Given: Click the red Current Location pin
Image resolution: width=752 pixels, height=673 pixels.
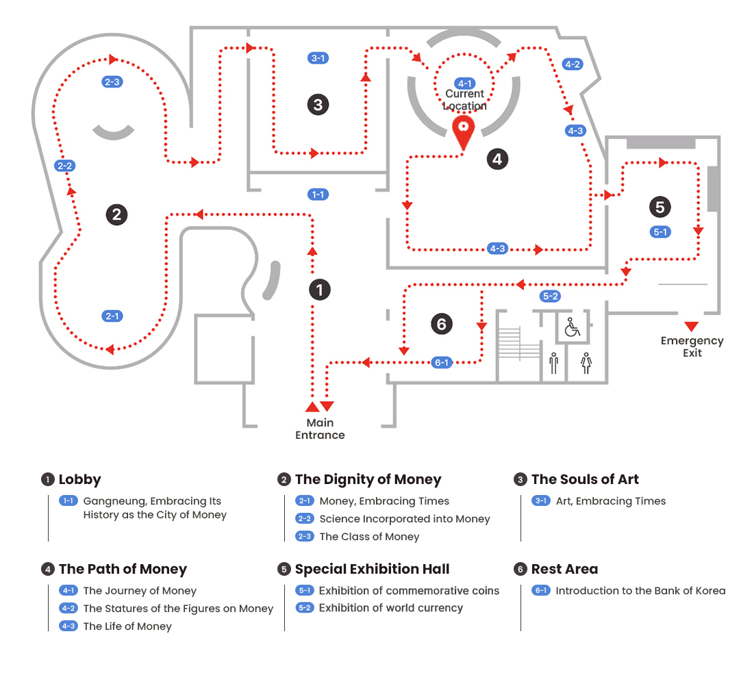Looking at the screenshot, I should tap(464, 131).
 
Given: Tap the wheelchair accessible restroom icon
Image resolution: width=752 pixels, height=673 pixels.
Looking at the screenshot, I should tap(572, 327).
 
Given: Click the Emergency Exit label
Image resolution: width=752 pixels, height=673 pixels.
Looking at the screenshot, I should tap(692, 346).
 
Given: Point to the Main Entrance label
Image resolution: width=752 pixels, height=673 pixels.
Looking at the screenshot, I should tap(320, 429).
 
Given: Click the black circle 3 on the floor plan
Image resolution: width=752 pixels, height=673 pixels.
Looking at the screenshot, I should tap(318, 105).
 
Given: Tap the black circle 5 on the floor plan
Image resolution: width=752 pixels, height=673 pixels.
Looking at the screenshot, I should tap(660, 206).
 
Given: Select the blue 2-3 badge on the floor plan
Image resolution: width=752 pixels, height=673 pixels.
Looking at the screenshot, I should tap(112, 82).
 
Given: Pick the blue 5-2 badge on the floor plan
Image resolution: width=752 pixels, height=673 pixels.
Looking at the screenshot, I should tap(550, 296).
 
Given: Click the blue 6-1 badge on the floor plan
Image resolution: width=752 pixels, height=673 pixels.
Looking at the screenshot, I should tap(442, 363).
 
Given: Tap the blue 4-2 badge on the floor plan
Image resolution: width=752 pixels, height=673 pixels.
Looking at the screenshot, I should tap(572, 64).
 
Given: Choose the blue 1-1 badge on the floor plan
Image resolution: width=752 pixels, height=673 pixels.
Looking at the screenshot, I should tap(318, 195).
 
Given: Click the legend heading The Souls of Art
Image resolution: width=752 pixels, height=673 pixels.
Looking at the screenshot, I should tap(585, 479).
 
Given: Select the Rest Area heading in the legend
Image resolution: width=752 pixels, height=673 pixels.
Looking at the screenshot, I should tap(564, 569).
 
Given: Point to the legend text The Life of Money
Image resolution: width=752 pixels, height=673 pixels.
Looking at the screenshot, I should tap(127, 626).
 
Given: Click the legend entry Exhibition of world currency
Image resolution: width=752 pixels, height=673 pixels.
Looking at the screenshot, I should tap(390, 608).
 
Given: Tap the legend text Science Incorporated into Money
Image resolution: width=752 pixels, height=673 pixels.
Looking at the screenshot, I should tap(404, 519).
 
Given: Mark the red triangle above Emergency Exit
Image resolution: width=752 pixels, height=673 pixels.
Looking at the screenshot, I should tap(692, 326).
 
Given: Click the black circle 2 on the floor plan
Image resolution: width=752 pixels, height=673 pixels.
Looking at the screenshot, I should tap(116, 214).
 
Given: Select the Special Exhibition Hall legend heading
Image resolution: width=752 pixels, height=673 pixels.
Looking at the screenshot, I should tap(372, 569).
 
